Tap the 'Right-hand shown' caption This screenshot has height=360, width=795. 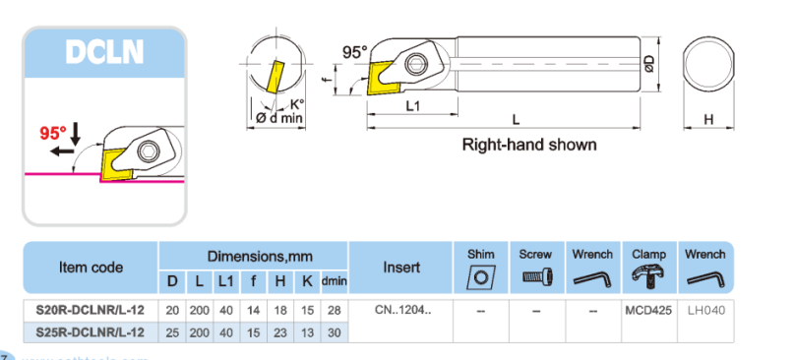coord(529,145)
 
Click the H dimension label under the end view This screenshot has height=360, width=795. coord(708,119)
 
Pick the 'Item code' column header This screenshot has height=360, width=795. coord(91,267)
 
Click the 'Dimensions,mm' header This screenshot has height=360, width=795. coord(254,255)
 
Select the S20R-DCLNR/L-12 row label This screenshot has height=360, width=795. coord(90,311)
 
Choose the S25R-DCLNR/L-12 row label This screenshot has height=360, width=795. coord(90,332)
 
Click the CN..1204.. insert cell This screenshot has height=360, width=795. coord(402,311)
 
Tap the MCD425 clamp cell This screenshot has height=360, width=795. coord(648,311)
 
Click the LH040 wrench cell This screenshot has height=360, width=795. coord(704,311)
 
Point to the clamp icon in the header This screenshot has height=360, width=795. coord(648,275)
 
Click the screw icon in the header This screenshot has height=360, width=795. coord(536,276)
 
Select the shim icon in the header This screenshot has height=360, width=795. coord(480,276)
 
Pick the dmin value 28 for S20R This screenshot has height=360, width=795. coord(334,311)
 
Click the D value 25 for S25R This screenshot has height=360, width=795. coord(172,332)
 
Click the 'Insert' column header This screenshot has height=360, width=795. coord(402,267)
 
